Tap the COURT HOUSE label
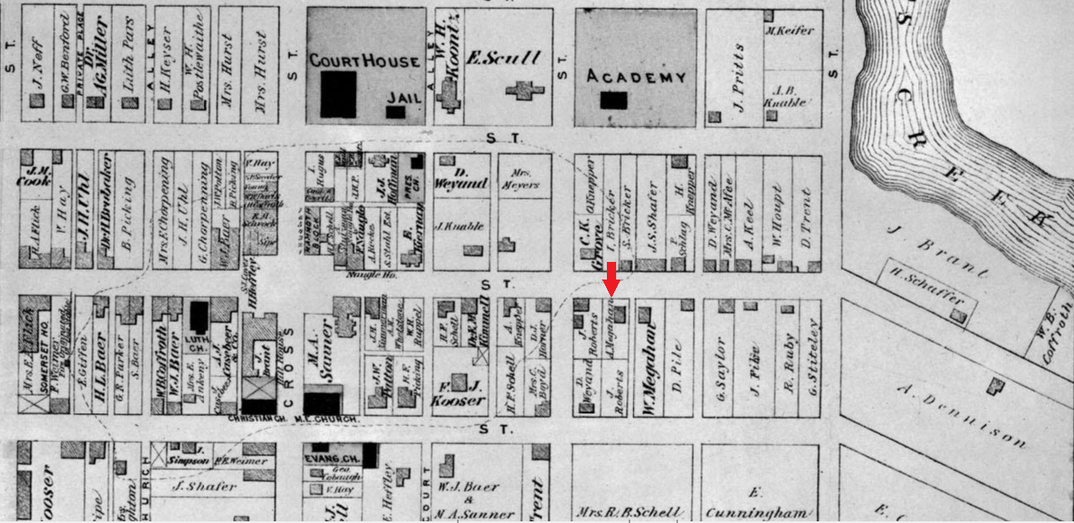pos(364,61)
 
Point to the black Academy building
pos(614,100)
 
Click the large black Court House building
pos(338,94)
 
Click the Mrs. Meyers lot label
pos(524,179)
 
